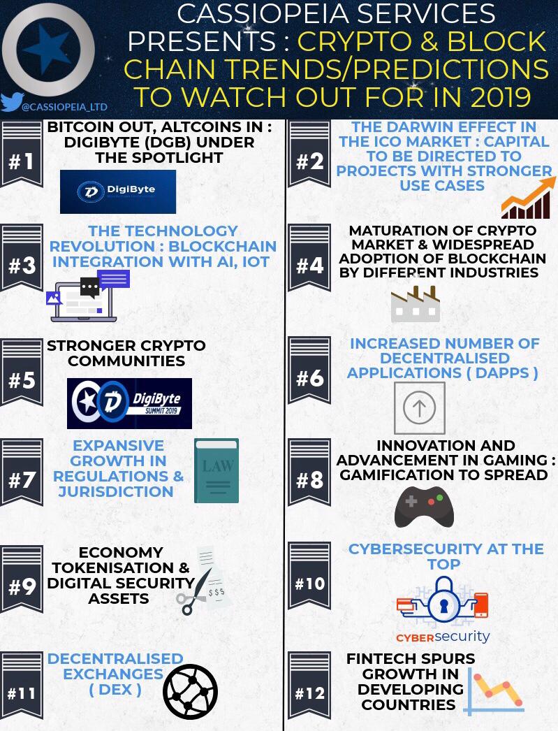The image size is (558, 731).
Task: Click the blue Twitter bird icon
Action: [12, 101]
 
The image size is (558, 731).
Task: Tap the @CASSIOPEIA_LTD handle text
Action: [65, 107]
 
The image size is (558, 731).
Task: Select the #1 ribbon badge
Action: [22, 153]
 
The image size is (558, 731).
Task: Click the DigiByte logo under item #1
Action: [118, 191]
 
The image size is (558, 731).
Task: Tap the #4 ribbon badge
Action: [309, 257]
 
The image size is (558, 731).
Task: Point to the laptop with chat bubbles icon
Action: [87, 296]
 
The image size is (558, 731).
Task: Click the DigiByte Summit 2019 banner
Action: [129, 403]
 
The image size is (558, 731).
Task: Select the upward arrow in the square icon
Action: [419, 408]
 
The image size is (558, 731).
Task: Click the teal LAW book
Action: [216, 471]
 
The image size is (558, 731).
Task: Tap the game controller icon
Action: [424, 507]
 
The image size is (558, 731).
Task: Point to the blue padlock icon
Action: [443, 600]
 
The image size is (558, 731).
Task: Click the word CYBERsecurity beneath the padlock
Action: [443, 637]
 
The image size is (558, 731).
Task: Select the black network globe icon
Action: [190, 691]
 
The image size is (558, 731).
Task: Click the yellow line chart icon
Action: [493, 692]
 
